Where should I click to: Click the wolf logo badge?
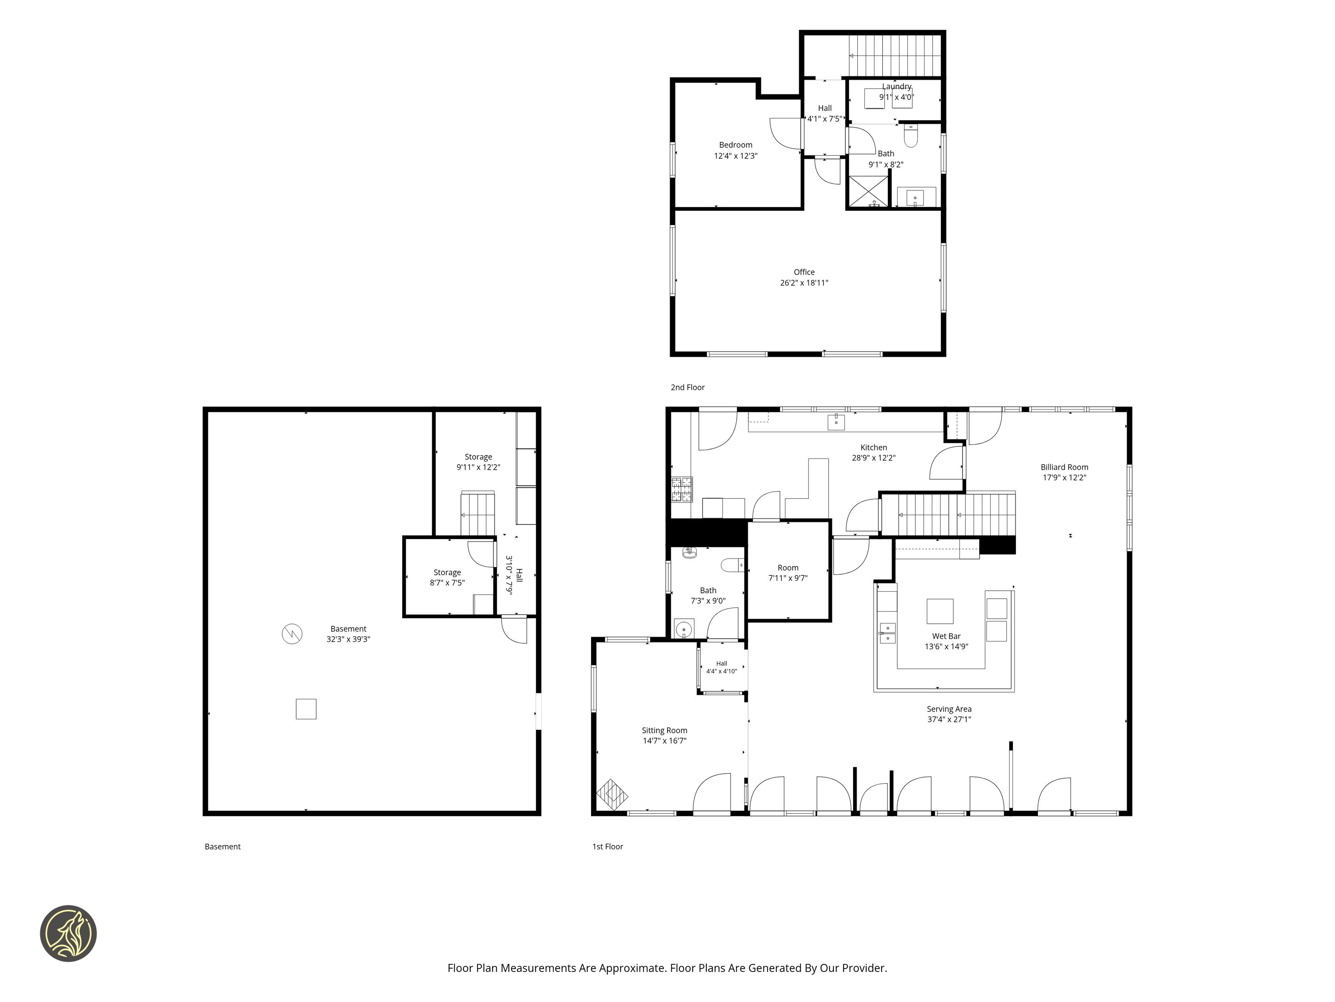(68, 933)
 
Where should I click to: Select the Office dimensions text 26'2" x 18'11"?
(804, 283)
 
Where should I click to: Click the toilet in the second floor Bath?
(911, 137)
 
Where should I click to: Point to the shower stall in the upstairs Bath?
(869, 192)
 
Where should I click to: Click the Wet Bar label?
(946, 636)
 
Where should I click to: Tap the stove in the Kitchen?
(682, 489)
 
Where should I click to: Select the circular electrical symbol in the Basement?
(292, 634)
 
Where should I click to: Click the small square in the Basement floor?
(306, 708)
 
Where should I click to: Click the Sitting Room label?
(665, 730)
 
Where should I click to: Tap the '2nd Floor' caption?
(688, 387)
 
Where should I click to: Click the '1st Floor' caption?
(607, 846)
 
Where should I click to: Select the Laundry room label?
(896, 86)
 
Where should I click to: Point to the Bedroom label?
(736, 145)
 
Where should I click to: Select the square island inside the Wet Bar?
(940, 611)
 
